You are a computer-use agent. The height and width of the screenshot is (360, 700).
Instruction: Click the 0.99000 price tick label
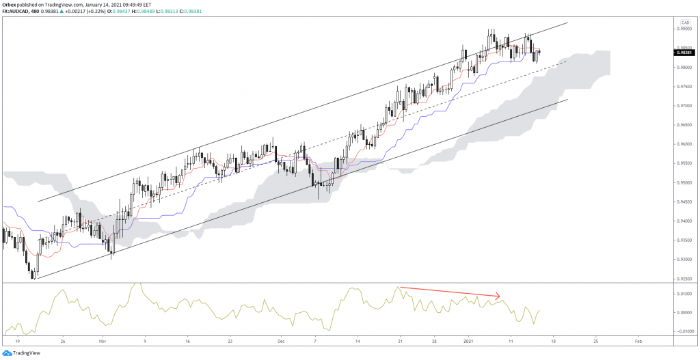coord(683,29)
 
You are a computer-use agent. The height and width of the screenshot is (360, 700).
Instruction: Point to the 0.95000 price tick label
coord(683,183)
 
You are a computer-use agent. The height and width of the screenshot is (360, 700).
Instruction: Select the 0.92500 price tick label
coord(683,279)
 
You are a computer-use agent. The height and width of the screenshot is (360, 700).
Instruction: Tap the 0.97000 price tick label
coord(683,106)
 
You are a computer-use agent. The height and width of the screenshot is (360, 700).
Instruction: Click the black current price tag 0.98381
coord(683,52)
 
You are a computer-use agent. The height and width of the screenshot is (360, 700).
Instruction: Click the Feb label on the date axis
coord(637,340)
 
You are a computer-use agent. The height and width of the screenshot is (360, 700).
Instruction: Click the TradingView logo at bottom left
coord(23,352)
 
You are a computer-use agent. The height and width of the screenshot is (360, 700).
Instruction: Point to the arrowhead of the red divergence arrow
coord(499,296)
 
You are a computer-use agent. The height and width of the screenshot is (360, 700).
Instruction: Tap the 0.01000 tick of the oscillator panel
coord(683,294)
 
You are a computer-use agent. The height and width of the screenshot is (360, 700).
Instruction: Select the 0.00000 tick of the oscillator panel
coord(683,313)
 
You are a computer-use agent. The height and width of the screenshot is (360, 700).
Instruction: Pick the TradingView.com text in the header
coord(72,4)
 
